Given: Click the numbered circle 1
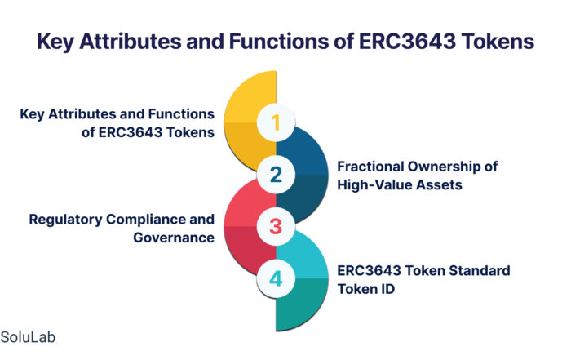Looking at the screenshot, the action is [x=276, y=122].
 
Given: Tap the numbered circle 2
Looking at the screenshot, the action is [x=276, y=175].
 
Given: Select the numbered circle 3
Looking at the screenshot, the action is [x=276, y=226].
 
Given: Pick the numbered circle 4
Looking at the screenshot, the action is [x=276, y=278].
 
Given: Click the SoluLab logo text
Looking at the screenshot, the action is [x=28, y=337].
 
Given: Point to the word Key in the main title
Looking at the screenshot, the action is [x=55, y=42].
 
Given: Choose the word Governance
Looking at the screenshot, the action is [x=174, y=238].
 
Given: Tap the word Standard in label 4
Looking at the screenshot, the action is [x=480, y=271].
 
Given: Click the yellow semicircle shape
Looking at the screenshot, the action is [x=250, y=122].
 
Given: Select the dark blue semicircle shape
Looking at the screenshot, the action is [x=303, y=174].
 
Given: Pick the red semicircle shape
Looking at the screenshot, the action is [x=250, y=226].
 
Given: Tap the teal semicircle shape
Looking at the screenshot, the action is [x=303, y=278].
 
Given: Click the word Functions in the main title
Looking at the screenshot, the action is [x=279, y=41].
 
